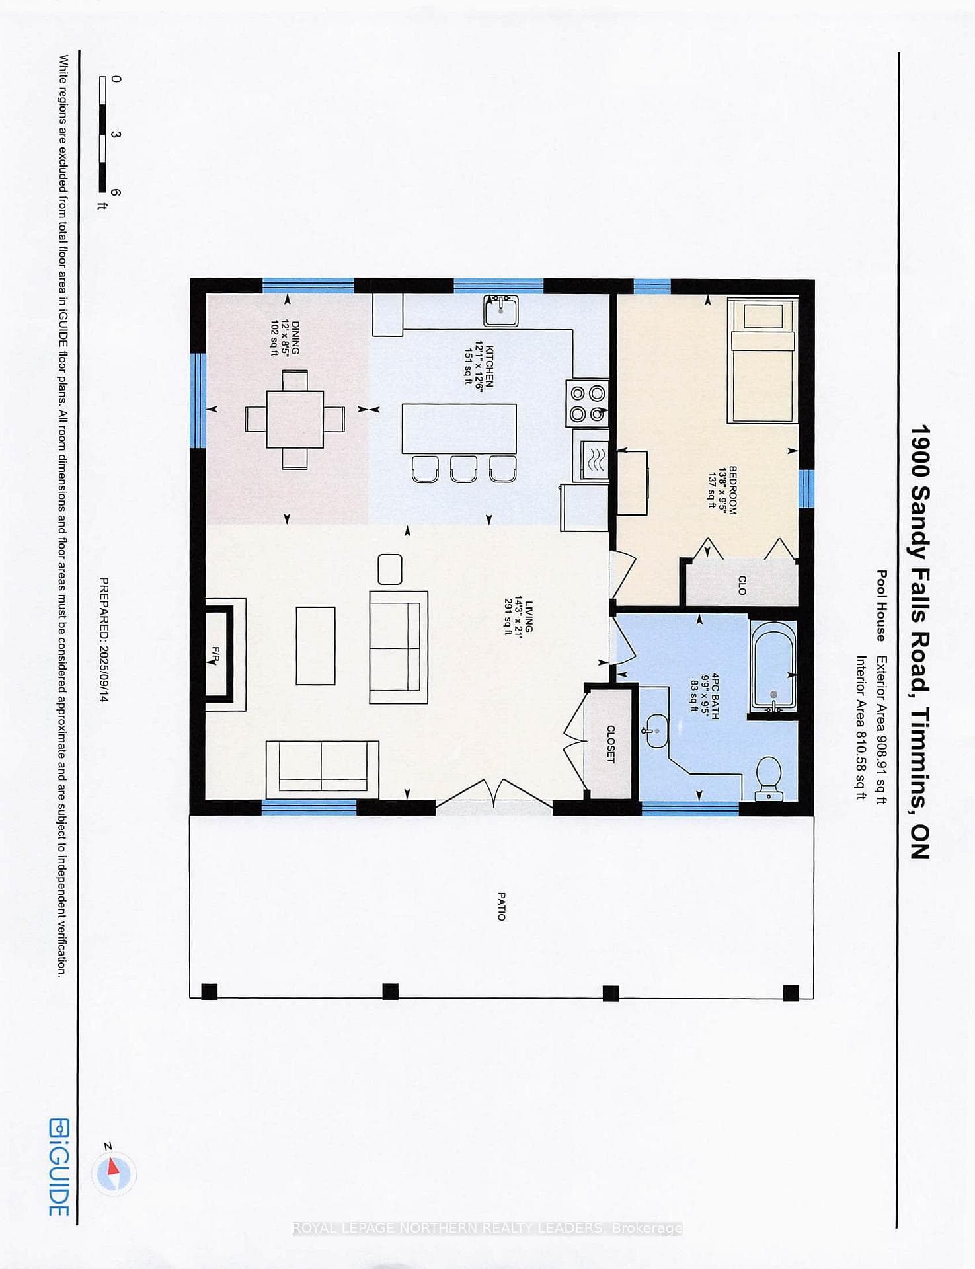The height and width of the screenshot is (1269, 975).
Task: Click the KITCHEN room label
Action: [489, 365]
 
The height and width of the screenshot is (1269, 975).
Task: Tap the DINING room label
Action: [295, 338]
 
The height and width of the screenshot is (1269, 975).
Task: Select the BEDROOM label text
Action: [732, 490]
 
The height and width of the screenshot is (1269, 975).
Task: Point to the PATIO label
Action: [501, 906]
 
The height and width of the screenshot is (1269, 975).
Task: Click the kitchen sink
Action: [501, 311]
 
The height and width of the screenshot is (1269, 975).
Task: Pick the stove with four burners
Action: [587, 403]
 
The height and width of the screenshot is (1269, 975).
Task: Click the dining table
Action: [295, 419]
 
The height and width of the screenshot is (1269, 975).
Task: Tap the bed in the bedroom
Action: [762, 360]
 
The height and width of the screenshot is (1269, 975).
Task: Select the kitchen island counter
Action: [459, 428]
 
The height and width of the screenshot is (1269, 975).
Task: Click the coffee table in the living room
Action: [315, 646]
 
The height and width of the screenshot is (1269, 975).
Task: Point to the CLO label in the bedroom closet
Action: [742, 585]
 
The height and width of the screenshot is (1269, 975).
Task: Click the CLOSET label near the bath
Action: [610, 744]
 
